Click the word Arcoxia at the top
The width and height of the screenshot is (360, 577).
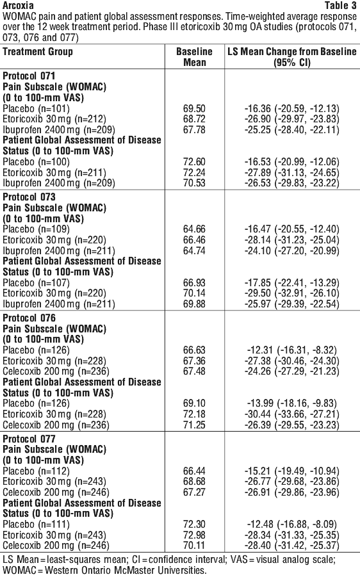tap(18, 5)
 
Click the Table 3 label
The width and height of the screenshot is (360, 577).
tap(341, 5)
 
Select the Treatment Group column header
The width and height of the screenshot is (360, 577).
tap(38, 52)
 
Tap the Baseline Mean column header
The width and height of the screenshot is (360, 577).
tap(194, 56)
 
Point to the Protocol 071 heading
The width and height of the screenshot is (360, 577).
tap(29, 76)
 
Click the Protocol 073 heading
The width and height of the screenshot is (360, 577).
tap(29, 197)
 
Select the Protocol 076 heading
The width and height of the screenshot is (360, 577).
tap(29, 318)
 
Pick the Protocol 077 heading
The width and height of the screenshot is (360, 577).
tap(29, 439)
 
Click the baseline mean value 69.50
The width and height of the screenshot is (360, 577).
tap(194, 109)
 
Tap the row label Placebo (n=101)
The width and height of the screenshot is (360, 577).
tap(36, 109)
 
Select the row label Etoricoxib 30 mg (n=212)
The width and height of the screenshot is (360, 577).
tap(54, 119)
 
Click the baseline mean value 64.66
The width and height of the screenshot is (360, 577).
tap(194, 229)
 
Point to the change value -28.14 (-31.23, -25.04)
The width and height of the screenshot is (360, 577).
tap(292, 240)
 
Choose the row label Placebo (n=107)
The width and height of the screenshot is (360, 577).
tap(36, 283)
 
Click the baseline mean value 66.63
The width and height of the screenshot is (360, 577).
tap(194, 350)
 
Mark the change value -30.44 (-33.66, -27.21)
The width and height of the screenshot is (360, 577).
tap(292, 414)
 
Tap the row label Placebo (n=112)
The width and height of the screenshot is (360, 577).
tap(36, 471)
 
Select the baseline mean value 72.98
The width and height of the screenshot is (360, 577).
tap(194, 535)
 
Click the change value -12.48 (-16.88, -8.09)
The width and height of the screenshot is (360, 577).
tap(292, 524)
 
